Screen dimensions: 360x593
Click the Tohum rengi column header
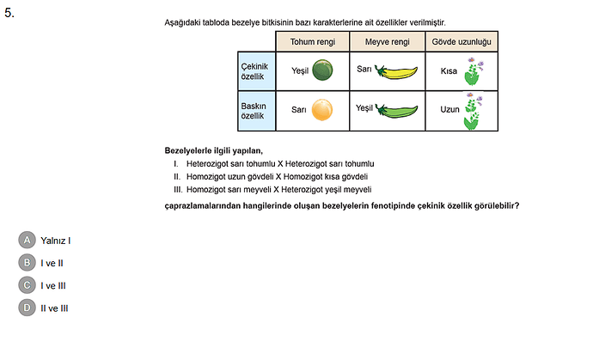312,41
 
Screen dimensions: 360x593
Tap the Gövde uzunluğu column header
462,41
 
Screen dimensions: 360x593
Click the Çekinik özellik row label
257,72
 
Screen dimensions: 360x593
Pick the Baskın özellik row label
257,110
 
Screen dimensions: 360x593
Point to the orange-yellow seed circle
321,110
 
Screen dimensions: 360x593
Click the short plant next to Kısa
472,72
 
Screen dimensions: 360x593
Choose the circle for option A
28,241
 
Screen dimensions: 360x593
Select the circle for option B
28,262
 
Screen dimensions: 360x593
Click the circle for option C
28,284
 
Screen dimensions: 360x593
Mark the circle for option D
28,307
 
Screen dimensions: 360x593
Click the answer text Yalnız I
55,241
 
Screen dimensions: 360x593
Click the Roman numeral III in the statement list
177,189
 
